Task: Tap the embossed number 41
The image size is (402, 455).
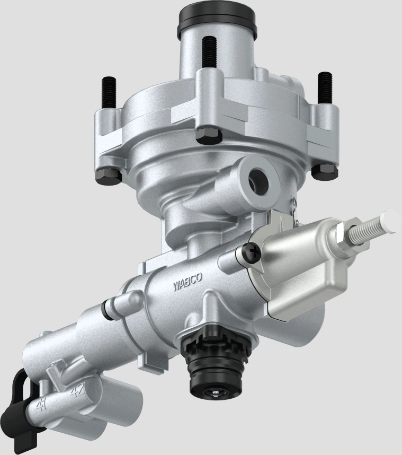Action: coord(41,404)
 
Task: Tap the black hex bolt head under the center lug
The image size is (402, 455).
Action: coord(208,135)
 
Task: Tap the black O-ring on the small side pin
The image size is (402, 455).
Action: coord(110,309)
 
